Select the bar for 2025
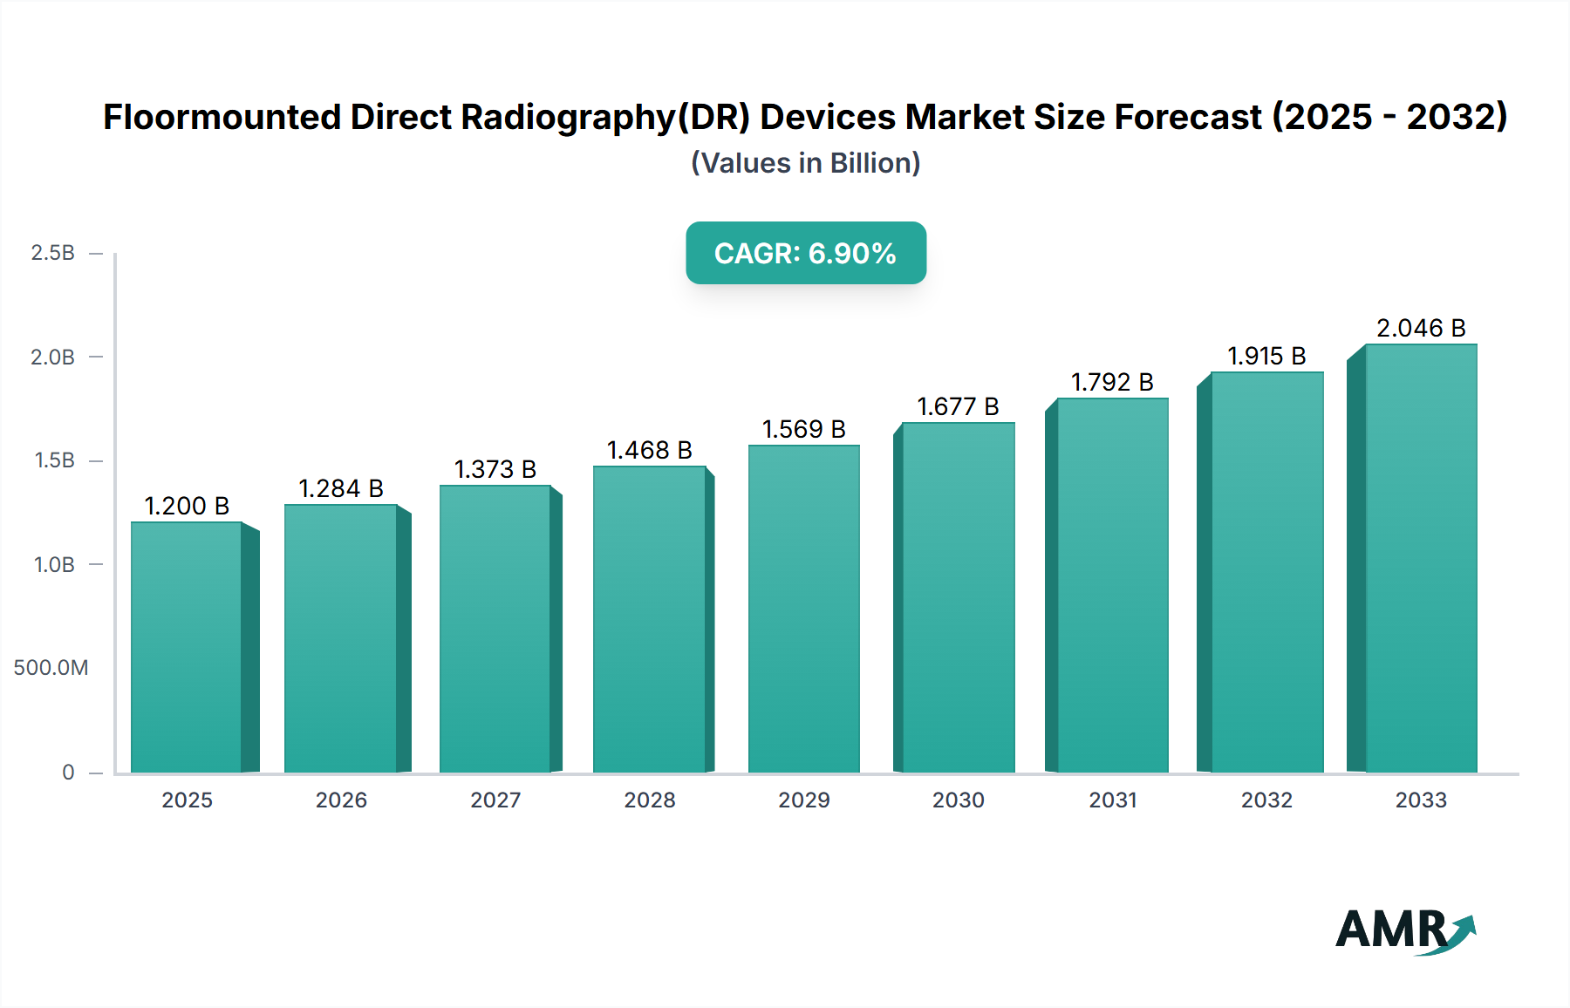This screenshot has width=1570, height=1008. (x=187, y=647)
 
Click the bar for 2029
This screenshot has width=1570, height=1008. (x=803, y=609)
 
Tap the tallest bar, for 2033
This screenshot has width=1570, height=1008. (x=1420, y=558)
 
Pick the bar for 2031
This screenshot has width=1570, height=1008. (x=1112, y=585)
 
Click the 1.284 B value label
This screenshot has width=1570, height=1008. (x=341, y=488)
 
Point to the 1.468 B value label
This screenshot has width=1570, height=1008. (x=649, y=450)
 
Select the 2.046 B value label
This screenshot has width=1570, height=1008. (x=1420, y=328)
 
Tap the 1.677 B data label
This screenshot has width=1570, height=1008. (x=958, y=406)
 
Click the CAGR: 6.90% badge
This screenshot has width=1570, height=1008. (x=805, y=253)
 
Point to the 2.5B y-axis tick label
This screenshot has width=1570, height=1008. (x=52, y=253)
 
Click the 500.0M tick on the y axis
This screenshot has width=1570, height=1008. (x=51, y=668)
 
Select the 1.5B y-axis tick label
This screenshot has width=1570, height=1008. (x=54, y=460)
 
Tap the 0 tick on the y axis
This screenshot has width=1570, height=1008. (x=68, y=773)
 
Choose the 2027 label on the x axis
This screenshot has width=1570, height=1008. (x=495, y=800)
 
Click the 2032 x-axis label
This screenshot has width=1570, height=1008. (x=1266, y=800)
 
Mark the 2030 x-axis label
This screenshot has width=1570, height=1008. (x=958, y=800)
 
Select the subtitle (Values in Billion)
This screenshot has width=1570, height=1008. (x=805, y=163)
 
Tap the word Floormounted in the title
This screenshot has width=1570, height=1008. (x=222, y=118)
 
